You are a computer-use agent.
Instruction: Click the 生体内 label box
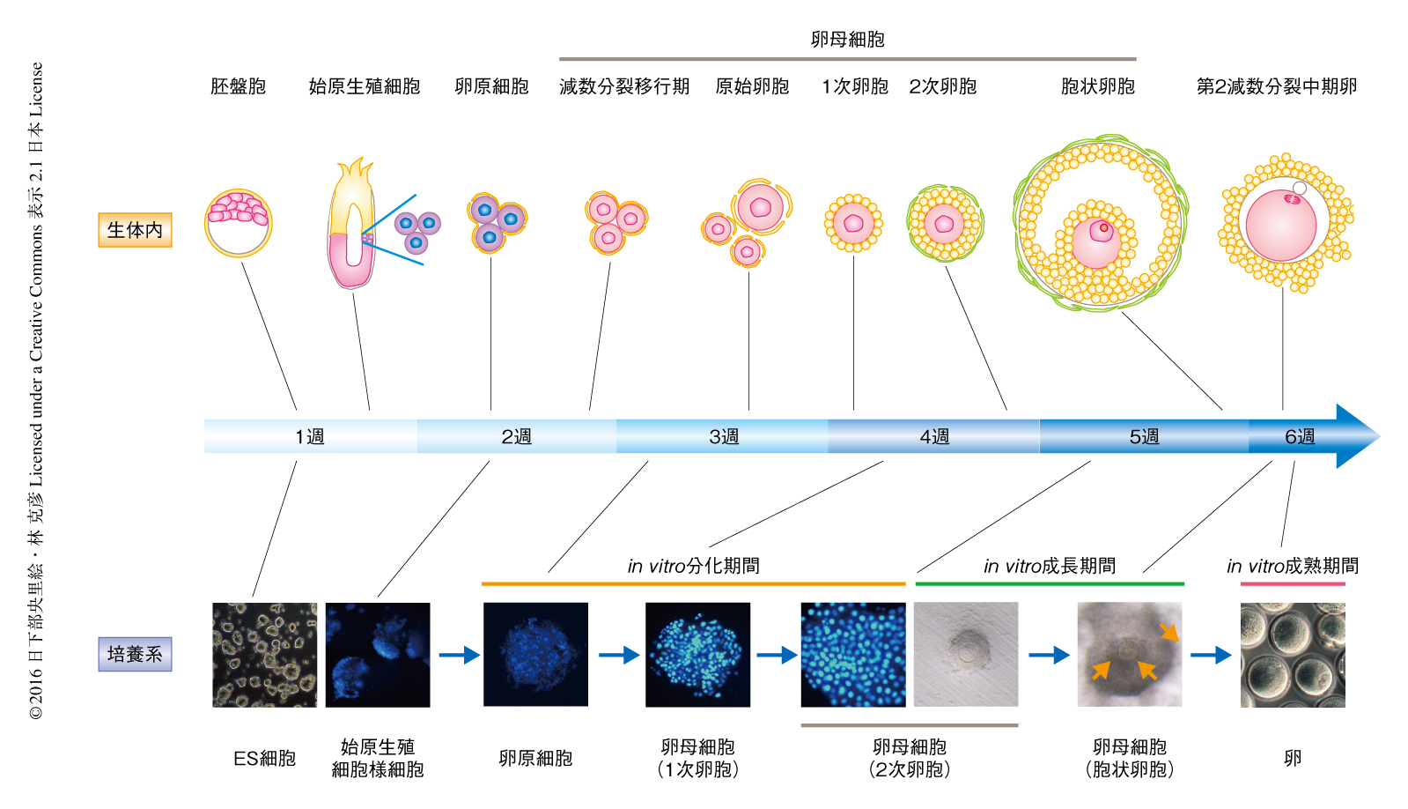135,230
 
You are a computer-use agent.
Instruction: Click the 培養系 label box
135,654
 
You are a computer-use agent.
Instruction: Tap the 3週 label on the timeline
724,436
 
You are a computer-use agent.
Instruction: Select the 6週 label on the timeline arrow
1299,436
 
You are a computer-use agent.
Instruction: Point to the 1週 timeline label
309,436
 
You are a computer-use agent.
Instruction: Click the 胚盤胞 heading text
238,86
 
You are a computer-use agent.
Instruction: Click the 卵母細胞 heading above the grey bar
847,39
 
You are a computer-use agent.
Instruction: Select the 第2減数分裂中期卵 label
1276,86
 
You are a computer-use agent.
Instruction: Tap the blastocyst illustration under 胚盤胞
238,223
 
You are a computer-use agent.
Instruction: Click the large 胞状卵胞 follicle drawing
1100,223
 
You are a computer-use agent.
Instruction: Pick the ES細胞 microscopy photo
264,655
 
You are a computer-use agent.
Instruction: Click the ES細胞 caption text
264,758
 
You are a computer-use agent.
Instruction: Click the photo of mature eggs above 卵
1293,655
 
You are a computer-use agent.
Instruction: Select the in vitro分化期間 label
693,566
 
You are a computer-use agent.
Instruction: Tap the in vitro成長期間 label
1050,566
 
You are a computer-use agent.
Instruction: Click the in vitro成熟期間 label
1293,566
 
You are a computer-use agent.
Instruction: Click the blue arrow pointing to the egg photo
1211,655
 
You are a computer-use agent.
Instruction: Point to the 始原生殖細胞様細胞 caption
378,758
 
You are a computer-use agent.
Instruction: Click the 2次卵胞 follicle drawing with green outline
944,223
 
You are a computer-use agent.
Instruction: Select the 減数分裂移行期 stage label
624,86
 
